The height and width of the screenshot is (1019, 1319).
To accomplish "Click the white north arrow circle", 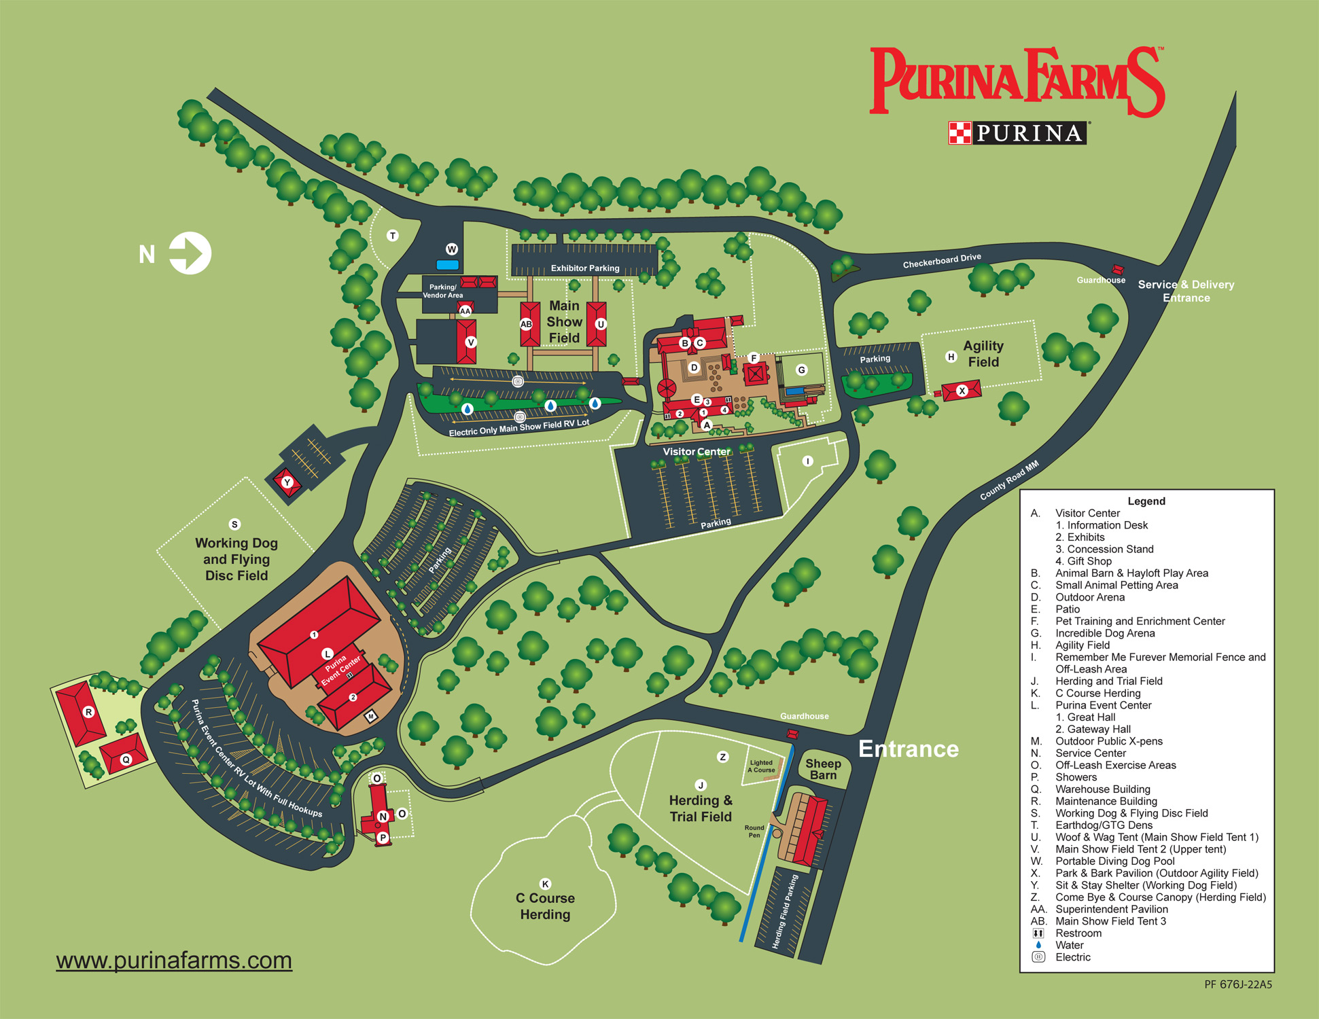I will coord(190,253).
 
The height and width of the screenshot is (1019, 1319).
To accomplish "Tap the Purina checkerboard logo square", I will coord(960,132).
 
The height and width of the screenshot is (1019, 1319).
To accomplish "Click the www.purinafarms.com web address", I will coord(174,961).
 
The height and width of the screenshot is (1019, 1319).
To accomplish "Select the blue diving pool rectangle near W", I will coord(447,265).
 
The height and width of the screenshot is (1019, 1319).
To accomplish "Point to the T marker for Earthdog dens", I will coord(392,236).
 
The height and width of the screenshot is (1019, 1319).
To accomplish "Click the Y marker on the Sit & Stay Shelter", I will coord(287,482).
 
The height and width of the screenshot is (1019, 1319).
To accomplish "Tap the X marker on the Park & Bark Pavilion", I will coord(962,391).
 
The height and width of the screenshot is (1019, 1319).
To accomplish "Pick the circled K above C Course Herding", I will coord(545,884).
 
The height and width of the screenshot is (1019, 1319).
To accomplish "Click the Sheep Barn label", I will coord(823,769).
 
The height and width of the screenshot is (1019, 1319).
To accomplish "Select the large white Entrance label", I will coord(909,749).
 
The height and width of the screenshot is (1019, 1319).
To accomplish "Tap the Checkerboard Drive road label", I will coord(942,261).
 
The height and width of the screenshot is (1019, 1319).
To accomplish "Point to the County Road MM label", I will coord(1009,481).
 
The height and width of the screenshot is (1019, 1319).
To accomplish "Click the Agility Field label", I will coord(983,354).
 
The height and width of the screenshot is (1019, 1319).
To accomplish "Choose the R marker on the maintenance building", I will coord(88,712).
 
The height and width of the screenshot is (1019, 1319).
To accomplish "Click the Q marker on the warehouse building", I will coord(126,759).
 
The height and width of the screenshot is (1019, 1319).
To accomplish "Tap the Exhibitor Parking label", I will coord(585,268).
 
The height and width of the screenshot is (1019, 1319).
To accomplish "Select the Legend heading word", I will coord(1146,501).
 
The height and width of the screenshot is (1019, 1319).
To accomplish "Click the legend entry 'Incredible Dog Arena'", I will coord(1105,633).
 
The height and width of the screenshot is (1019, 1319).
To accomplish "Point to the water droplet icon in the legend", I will coord(1038,945).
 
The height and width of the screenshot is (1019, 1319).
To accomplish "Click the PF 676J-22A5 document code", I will coord(1238,984).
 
